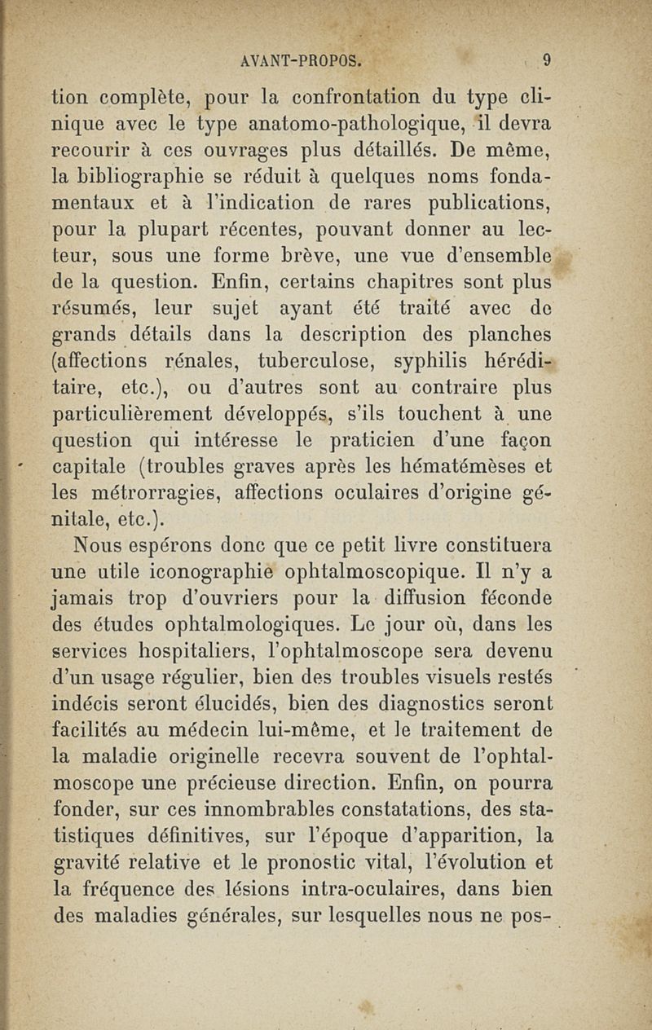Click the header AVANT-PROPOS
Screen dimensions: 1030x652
[302, 59]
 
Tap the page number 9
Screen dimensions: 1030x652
[548, 59]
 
